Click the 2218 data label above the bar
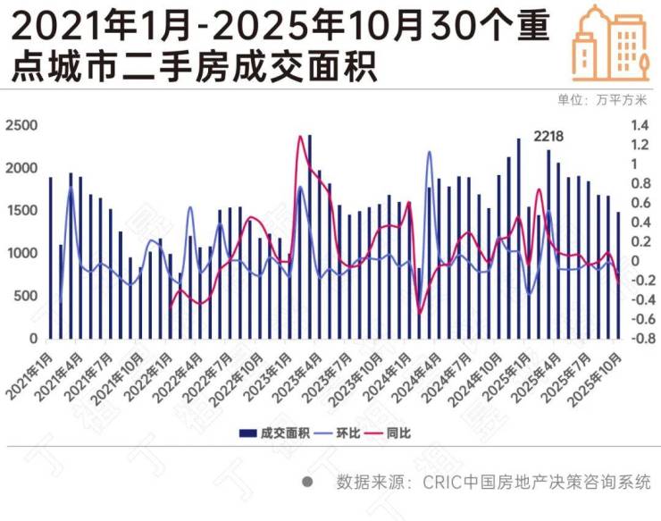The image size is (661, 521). (548, 136)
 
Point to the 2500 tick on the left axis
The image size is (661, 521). (21, 124)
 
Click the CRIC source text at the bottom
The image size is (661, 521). (493, 482)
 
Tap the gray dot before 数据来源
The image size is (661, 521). (308, 482)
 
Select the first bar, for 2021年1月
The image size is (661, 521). (50, 259)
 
